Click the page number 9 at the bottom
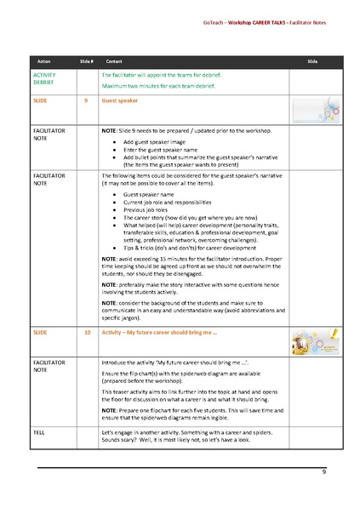pos(324,472)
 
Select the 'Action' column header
pos(44,62)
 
